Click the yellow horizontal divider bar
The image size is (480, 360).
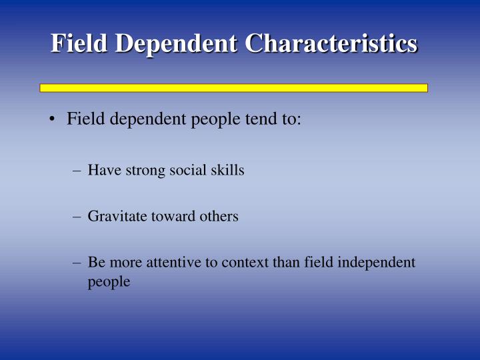[x=233, y=87]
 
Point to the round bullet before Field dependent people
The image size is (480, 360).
[x=51, y=120]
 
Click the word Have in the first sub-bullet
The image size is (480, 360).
[x=102, y=170]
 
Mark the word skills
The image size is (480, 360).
[x=228, y=170]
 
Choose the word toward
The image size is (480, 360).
[x=173, y=217]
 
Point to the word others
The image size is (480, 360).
[x=218, y=217]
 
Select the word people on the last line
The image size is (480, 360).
[x=109, y=283]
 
